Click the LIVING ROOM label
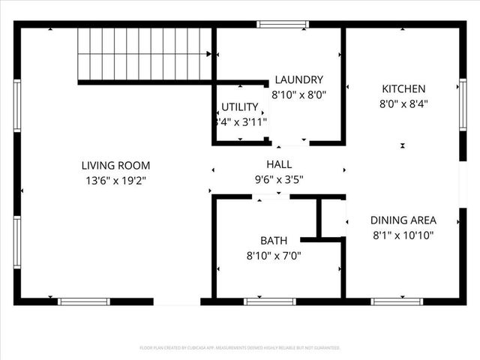click(x=115, y=165)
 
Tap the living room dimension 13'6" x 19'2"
click(x=115, y=180)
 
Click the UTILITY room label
click(x=240, y=106)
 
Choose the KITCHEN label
click(x=403, y=88)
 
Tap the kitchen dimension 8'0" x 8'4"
click(x=403, y=104)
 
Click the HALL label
click(x=278, y=164)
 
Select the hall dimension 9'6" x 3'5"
click(x=278, y=179)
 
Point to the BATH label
click(x=273, y=241)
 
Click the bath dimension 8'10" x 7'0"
click(x=273, y=255)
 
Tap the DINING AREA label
click(x=403, y=220)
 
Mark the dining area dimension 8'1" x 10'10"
click(x=403, y=235)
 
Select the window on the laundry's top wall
click(x=282, y=25)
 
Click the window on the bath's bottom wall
click(x=270, y=301)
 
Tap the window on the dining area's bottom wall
click(x=391, y=301)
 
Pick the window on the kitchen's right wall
click(x=461, y=105)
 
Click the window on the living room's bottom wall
click(x=84, y=301)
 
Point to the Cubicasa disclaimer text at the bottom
click(x=240, y=348)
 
